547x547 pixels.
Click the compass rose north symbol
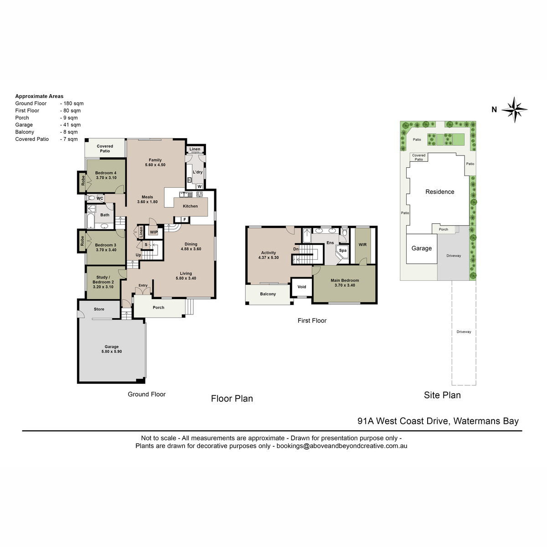point(514,109)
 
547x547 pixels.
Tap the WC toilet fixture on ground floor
point(91,198)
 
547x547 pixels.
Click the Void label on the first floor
point(301,287)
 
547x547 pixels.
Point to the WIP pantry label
point(154,232)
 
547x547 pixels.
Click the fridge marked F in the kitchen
point(185,219)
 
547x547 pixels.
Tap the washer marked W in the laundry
point(200,186)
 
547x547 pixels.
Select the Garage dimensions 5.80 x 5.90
point(112,351)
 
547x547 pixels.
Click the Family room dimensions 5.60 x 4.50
point(155,165)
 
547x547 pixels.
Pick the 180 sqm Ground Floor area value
point(73,103)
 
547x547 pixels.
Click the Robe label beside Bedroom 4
point(83,181)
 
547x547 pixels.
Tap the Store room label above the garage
point(99,309)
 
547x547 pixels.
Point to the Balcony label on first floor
point(268,294)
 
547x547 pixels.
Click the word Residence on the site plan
point(439,192)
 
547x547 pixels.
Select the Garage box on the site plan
point(422,249)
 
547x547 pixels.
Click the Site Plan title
point(442,395)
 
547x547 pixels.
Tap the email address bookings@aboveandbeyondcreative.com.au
point(342,446)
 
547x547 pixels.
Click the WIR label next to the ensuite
point(362,245)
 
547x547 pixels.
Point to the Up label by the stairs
point(138,255)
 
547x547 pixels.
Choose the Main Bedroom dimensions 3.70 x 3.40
point(345,285)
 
